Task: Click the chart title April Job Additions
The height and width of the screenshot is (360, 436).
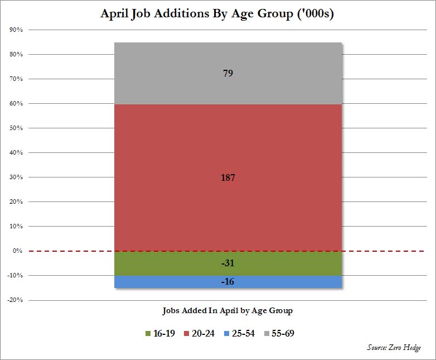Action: pos(217,14)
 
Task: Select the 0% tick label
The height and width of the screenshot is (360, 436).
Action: pos(17,251)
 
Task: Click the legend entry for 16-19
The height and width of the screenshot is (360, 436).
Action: pos(160,334)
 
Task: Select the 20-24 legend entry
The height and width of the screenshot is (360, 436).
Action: pos(199,334)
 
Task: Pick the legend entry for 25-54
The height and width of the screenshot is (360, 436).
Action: pos(239,334)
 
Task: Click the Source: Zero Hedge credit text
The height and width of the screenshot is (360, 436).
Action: pos(394,348)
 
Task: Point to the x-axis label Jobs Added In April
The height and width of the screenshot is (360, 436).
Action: pos(227,310)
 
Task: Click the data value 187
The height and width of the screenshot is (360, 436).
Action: pos(227,178)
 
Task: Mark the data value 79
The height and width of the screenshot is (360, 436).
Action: pos(227,73)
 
